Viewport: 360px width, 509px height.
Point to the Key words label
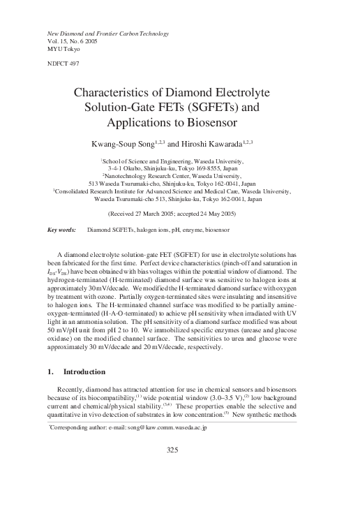[61, 229]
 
